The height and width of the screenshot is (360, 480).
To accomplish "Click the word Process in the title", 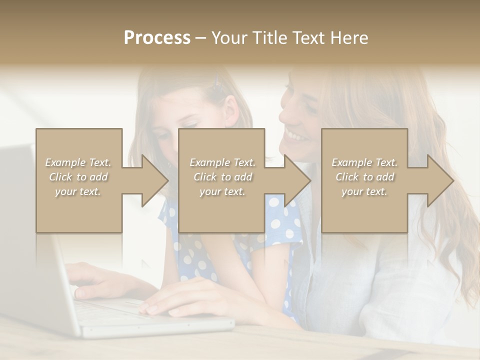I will click(x=157, y=38).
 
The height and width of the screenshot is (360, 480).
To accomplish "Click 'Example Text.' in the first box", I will click(x=78, y=162).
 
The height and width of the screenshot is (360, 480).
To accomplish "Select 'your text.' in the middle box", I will click(x=222, y=191).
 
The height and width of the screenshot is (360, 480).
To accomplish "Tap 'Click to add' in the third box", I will click(x=364, y=177).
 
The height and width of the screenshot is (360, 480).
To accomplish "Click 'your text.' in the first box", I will click(x=78, y=191).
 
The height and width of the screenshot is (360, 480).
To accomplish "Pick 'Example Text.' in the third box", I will click(x=364, y=162).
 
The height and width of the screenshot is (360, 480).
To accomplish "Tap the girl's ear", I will click(x=231, y=107).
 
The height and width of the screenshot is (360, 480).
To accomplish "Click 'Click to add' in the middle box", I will click(x=222, y=177).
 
